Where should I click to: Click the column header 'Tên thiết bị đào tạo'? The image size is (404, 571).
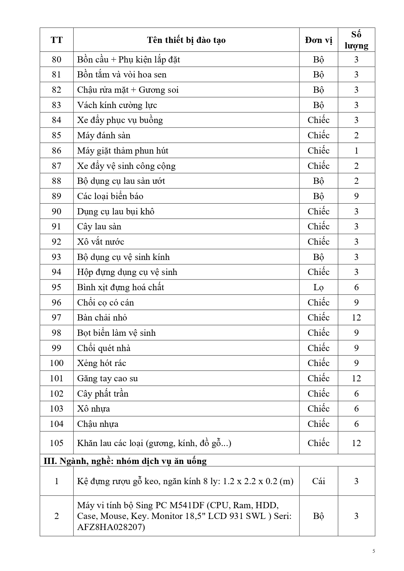pyautogui.click(x=186, y=40)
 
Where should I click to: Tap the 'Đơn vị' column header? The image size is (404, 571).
pyautogui.click(x=318, y=40)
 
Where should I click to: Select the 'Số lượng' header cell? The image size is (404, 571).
pyautogui.click(x=356, y=40)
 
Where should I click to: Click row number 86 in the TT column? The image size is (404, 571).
pyautogui.click(x=56, y=151)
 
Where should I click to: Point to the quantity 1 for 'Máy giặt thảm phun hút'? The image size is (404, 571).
pyautogui.click(x=356, y=151)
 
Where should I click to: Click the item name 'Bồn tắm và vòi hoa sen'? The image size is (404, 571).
pyautogui.click(x=122, y=75)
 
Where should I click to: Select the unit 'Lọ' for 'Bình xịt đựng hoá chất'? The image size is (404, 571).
pyautogui.click(x=318, y=287)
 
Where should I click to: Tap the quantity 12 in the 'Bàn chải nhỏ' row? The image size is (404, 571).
pyautogui.click(x=356, y=318)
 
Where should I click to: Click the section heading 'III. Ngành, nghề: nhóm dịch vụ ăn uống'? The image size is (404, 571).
pyautogui.click(x=125, y=461)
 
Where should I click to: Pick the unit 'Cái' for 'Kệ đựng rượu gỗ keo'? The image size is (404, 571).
pyautogui.click(x=318, y=481)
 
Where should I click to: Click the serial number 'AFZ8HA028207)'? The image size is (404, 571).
pyautogui.click(x=111, y=527)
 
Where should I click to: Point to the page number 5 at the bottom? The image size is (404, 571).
pyautogui.click(x=374, y=551)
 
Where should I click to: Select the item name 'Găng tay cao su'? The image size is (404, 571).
pyautogui.click(x=107, y=378)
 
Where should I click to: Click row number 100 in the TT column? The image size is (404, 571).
pyautogui.click(x=56, y=363)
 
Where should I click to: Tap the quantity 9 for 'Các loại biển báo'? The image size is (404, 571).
pyautogui.click(x=356, y=196)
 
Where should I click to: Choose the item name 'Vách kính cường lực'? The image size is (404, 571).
pyautogui.click(x=117, y=105)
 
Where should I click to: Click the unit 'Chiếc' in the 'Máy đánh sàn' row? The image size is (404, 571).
pyautogui.click(x=318, y=135)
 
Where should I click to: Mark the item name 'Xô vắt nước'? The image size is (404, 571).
pyautogui.click(x=101, y=242)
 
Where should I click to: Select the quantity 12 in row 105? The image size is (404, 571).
pyautogui.click(x=356, y=443)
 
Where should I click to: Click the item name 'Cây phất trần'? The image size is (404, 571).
pyautogui.click(x=103, y=394)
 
